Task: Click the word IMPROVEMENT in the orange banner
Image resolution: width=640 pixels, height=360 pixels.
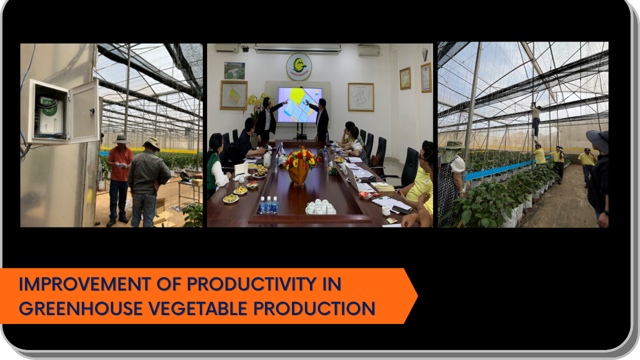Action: coord(84,284)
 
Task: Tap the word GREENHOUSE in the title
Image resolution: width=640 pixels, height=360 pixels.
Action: coord(80,308)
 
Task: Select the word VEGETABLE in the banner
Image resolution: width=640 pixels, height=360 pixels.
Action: coord(197,308)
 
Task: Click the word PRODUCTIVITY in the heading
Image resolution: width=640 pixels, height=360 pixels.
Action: coord(251,284)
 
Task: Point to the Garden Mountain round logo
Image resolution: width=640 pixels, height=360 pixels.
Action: coord(299,67)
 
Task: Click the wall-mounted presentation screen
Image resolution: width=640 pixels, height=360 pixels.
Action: coord(299,105)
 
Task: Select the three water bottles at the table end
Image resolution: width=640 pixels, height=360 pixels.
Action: coord(268,205)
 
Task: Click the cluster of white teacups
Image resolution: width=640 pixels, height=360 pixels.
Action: coord(320,207)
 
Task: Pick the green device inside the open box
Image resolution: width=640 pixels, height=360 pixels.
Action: coord(50,115)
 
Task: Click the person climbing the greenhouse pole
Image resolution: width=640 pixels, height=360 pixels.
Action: coord(535,120)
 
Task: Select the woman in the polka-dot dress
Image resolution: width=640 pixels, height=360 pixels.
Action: coord(451,183)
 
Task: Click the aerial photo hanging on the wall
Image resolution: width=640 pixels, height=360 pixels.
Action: coord(234,70)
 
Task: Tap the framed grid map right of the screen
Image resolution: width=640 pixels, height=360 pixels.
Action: coord(361,97)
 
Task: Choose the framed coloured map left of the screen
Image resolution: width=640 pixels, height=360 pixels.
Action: coord(233,95)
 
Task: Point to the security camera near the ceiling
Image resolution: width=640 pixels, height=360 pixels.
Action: coord(245,48)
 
